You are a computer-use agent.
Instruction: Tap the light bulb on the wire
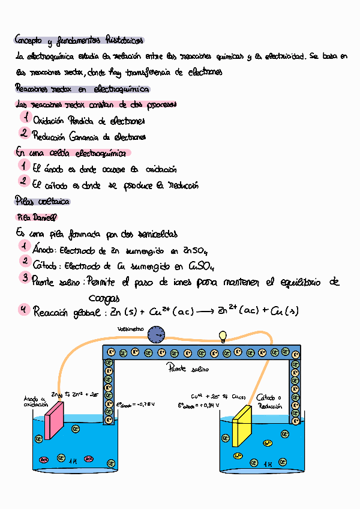coord(223,336)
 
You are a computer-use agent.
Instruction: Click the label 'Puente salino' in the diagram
coord(188,370)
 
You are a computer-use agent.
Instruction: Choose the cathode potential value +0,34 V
coord(198,405)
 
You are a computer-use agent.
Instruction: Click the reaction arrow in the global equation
coord(207,312)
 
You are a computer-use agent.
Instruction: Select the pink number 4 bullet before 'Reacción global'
coord(23,310)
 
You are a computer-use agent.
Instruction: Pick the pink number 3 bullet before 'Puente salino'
coord(24,277)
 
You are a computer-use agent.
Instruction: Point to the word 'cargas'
coord(104,298)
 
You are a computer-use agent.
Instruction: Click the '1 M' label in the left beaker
coord(73,461)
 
